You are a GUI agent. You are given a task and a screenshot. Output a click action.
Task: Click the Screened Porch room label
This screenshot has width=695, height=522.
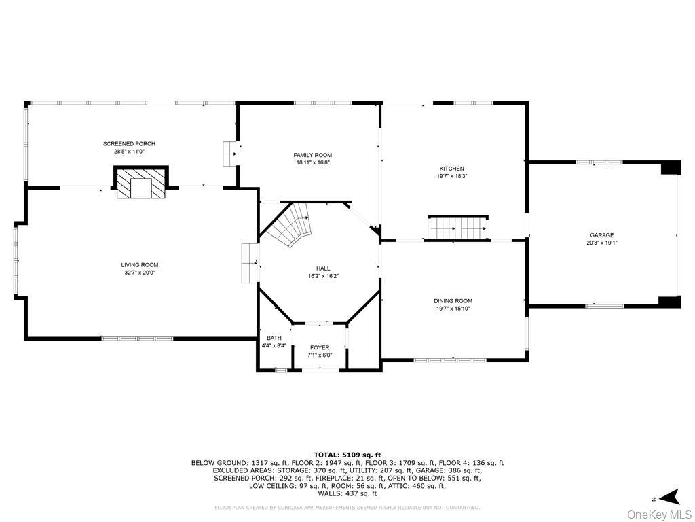click(129, 143)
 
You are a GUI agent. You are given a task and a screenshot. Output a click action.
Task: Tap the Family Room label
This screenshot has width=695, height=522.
click(313, 155)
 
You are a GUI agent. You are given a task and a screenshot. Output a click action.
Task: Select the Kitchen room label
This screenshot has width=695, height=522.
click(452, 169)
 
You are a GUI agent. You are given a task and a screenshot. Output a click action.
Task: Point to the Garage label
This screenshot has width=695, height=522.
click(602, 235)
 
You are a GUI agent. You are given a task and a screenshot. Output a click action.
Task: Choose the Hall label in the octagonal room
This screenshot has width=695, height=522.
click(323, 268)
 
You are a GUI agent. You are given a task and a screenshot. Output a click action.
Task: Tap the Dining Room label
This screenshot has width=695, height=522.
click(453, 300)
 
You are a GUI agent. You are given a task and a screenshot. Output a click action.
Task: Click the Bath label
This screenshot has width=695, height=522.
click(274, 338)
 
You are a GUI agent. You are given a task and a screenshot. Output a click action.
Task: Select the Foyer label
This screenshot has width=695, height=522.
click(320, 347)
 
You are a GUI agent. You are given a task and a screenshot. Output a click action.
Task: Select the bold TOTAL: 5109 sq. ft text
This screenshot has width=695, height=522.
click(347, 455)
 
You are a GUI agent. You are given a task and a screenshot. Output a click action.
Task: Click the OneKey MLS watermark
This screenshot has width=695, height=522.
click(660, 514)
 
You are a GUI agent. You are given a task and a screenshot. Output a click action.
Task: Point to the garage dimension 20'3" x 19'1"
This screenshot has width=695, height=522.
click(602, 243)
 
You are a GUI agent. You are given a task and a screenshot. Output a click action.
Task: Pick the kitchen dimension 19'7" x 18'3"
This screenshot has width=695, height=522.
click(452, 176)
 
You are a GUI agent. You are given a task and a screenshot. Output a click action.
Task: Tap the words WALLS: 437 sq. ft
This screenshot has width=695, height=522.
click(347, 493)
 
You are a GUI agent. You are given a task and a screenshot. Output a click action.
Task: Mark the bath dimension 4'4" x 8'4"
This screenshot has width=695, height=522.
click(274, 345)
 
